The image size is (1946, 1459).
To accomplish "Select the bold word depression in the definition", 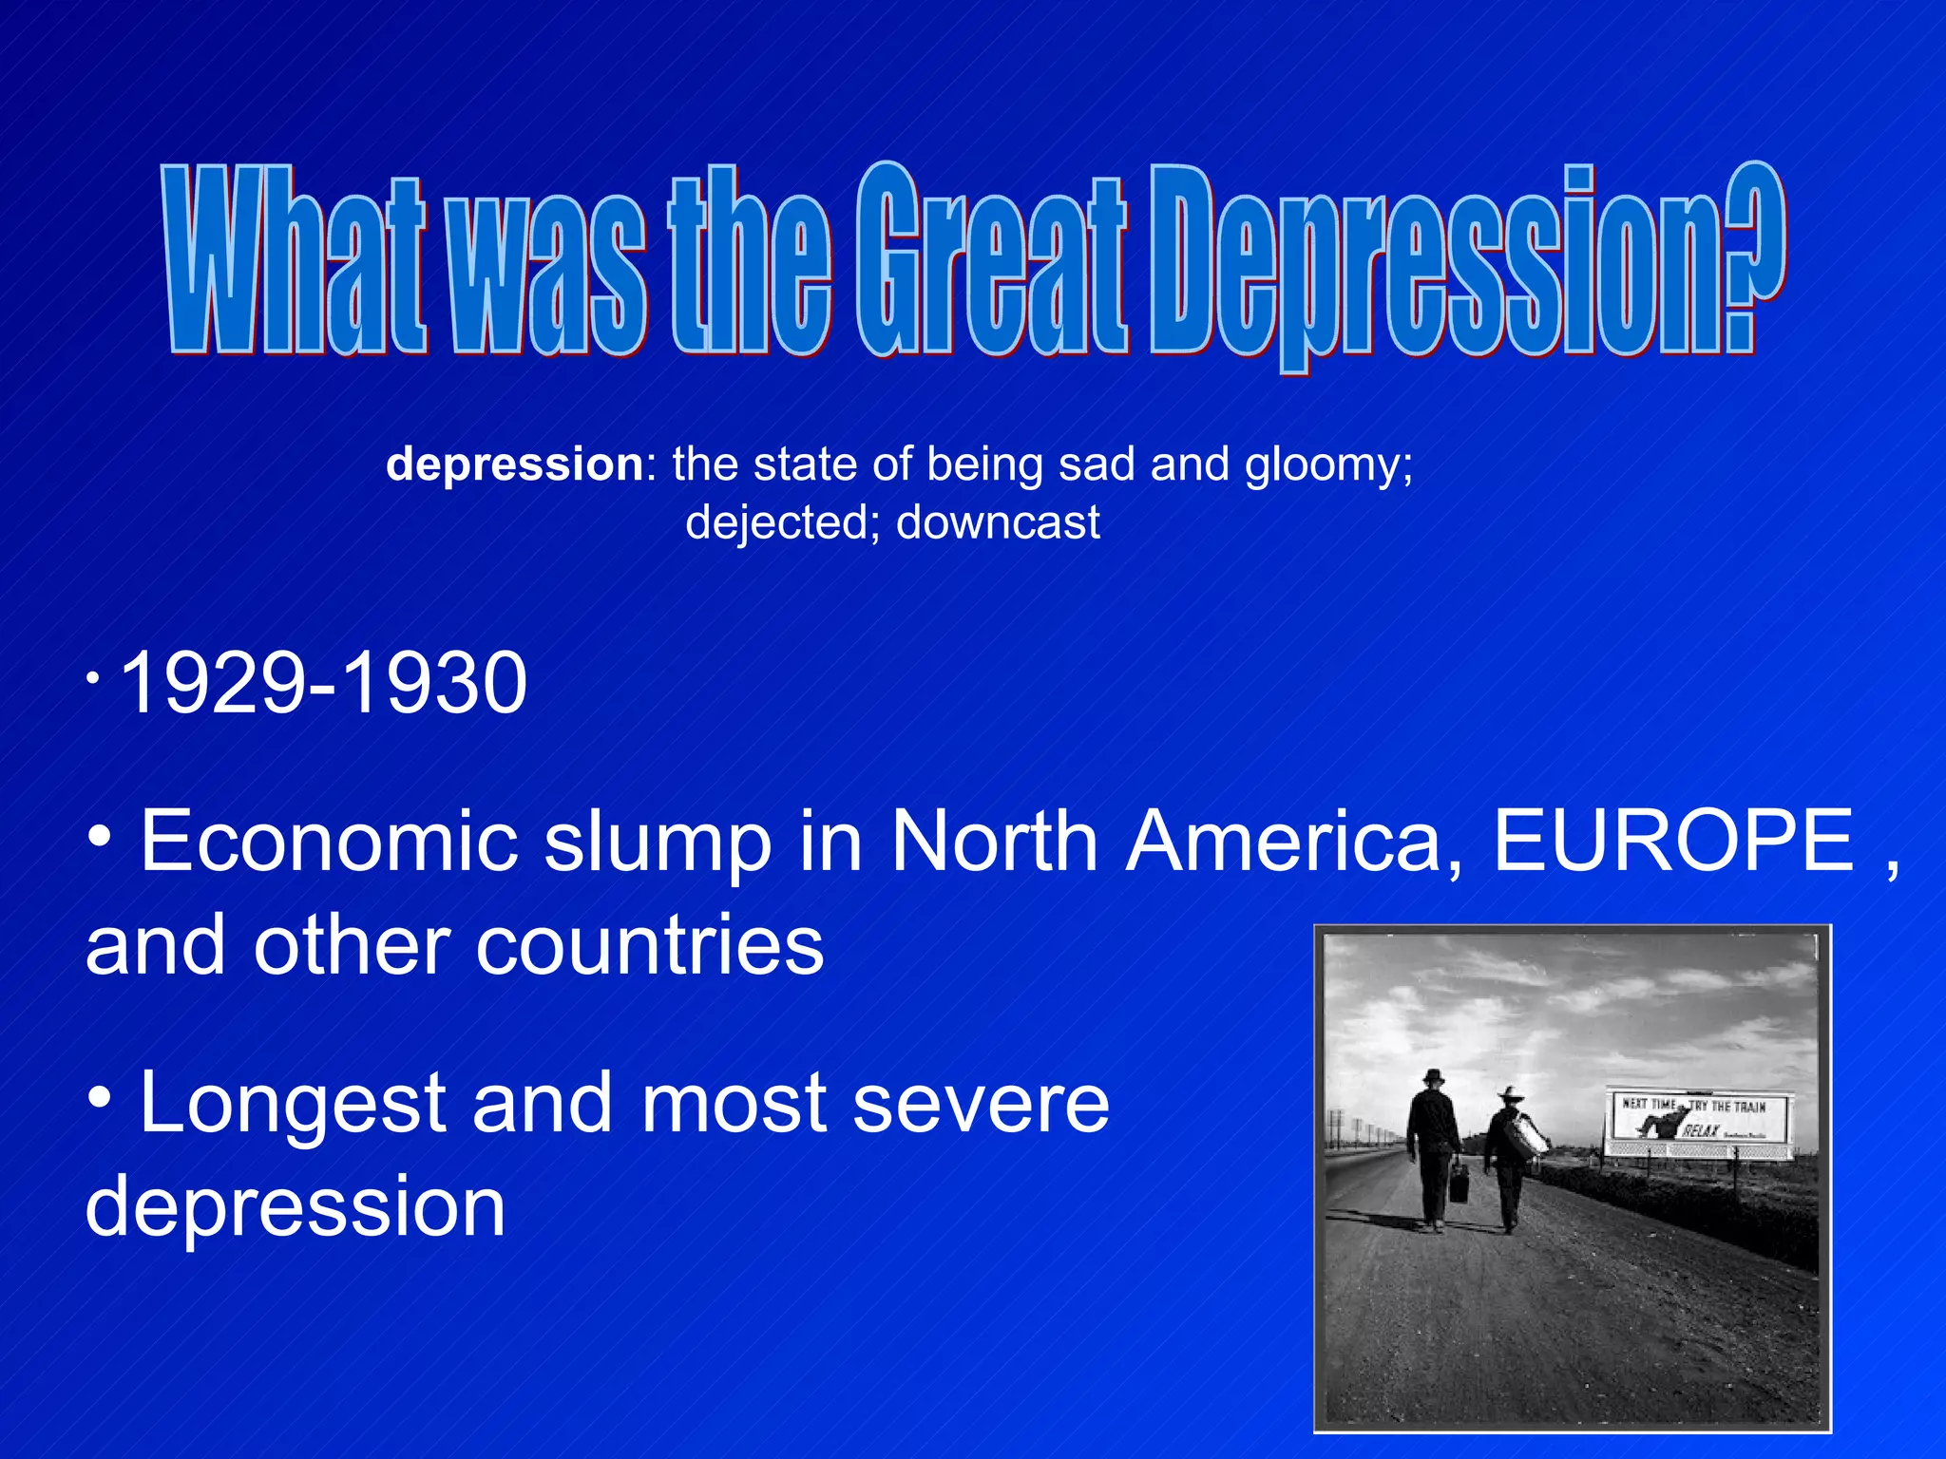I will coord(515,464).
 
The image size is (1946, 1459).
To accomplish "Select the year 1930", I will coord(433,683).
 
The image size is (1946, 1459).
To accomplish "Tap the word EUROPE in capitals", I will coord(1673,841).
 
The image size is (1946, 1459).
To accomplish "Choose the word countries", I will coord(650,946).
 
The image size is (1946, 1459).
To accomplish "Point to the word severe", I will coord(982,1104).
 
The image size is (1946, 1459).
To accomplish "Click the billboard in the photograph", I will coord(1697,1123).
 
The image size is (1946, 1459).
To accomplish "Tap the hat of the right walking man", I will coord(1509,1094).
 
